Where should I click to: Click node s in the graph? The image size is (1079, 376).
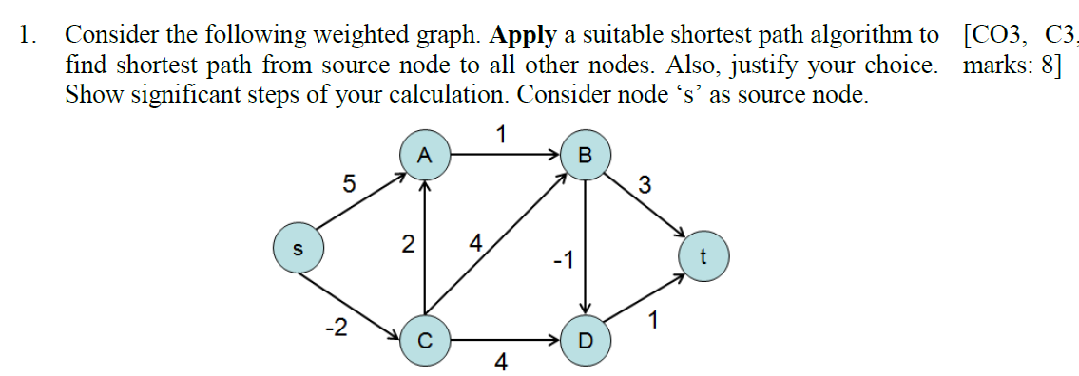297,248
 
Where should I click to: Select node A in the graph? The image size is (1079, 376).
425,156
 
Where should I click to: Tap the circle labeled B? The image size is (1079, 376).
585,156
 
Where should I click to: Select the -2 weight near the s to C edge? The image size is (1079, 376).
335,329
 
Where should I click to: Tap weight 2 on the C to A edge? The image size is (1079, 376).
407,246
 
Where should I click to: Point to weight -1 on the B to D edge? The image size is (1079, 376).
563,259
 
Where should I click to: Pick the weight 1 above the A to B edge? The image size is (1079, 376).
501,134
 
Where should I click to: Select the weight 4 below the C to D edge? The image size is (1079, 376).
501,363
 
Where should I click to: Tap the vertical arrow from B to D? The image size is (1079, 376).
586,247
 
